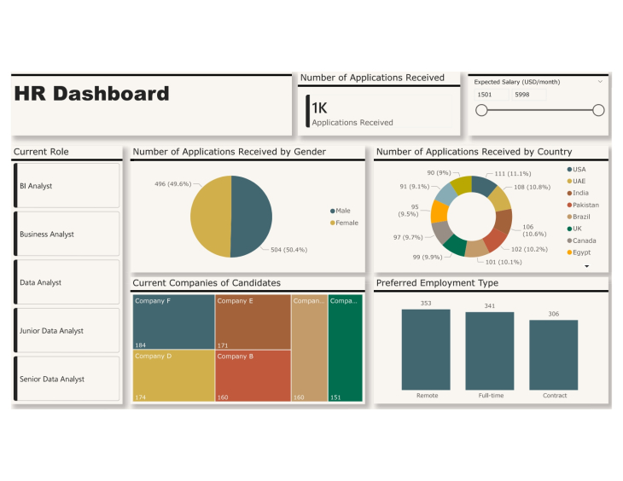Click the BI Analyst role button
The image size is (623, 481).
pos(67,185)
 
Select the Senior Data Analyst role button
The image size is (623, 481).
pos(67,379)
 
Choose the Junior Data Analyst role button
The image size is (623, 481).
pos(67,331)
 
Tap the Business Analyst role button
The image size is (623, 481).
pos(67,234)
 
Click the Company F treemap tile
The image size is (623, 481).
pos(172,322)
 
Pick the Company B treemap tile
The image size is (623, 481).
pos(252,375)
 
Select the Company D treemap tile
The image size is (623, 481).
pos(172,375)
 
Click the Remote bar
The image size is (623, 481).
pos(426,349)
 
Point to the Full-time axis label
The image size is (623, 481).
pos(490,396)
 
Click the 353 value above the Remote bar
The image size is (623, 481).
pos(426,303)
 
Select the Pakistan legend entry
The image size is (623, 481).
pos(585,205)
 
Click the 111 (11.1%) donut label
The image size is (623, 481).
pos(512,173)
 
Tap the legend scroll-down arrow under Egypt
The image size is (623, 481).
pos(586,266)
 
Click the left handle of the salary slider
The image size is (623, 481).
pos(481,110)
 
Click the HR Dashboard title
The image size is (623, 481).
pos(92,94)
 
